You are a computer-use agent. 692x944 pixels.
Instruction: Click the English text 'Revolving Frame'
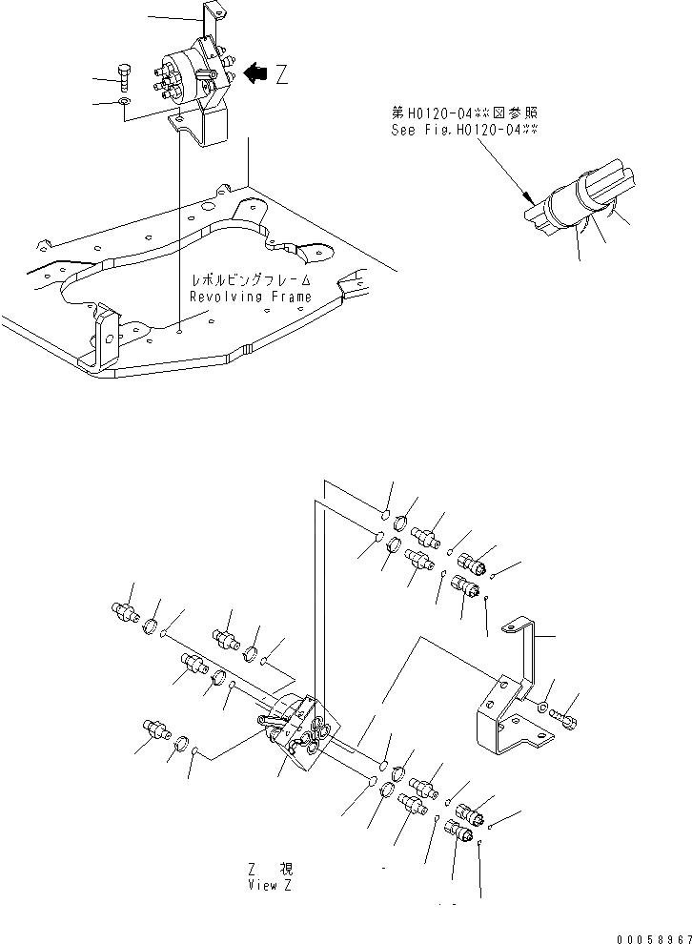[x=250, y=297]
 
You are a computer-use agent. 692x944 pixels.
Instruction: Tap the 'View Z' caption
[x=269, y=884]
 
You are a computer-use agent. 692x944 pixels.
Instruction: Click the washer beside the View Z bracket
[x=542, y=709]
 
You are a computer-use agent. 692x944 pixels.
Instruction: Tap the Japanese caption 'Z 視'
[x=269, y=869]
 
